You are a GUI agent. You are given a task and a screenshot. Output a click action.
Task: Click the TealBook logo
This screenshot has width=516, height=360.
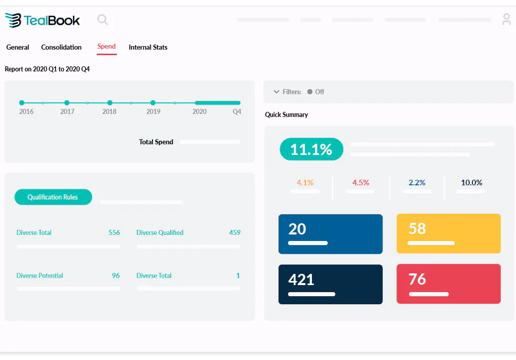(x=43, y=20)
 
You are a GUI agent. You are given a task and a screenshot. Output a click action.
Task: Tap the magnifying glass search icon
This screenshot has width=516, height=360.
(x=103, y=20)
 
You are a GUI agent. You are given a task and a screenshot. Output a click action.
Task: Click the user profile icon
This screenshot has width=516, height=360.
(x=506, y=20)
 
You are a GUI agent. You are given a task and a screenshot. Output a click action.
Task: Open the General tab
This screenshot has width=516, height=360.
(x=18, y=47)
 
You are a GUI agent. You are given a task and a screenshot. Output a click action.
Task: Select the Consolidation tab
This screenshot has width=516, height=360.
(x=61, y=47)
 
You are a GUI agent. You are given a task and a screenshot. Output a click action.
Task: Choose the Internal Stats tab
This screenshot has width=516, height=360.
(x=148, y=47)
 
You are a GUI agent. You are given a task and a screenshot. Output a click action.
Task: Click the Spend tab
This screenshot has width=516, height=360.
(x=107, y=47)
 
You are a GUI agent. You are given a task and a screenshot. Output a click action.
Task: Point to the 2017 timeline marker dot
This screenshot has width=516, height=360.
(x=67, y=103)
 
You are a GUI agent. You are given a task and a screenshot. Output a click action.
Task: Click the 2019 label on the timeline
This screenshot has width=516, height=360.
(x=153, y=111)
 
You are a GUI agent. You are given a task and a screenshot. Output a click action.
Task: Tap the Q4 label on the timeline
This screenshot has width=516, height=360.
(x=237, y=111)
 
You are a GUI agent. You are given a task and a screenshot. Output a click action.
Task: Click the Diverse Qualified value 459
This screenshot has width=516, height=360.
(x=234, y=232)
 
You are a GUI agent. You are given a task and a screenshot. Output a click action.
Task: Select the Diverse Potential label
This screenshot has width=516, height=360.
(x=39, y=275)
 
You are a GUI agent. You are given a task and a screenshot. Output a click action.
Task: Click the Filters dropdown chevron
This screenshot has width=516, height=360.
(x=276, y=92)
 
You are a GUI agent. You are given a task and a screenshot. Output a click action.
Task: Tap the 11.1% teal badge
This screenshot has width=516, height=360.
(x=311, y=149)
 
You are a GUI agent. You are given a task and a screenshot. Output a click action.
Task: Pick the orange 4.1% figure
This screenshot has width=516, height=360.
(x=305, y=182)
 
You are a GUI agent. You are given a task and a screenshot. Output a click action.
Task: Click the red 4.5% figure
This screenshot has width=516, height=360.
(x=361, y=182)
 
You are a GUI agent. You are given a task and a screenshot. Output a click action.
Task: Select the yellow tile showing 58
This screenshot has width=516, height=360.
(x=448, y=233)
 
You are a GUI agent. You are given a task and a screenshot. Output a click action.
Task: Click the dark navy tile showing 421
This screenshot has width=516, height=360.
(x=330, y=284)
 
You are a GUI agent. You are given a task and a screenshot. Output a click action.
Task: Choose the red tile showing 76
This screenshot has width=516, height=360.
(x=448, y=284)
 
